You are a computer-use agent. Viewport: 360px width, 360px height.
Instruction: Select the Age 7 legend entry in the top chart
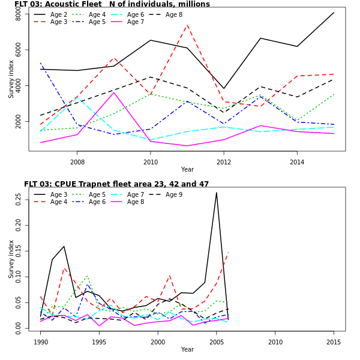(x=136, y=22)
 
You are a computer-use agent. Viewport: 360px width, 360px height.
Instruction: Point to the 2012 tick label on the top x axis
(x=223, y=162)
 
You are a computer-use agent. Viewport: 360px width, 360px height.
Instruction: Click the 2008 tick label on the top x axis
(x=77, y=162)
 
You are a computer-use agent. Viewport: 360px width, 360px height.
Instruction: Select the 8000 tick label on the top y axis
(x=19, y=13)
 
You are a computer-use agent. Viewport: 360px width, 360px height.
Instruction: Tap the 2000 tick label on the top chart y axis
(x=19, y=121)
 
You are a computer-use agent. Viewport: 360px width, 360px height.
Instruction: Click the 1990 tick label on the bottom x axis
(x=41, y=342)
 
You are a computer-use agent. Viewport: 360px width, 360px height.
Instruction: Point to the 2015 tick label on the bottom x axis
(x=334, y=342)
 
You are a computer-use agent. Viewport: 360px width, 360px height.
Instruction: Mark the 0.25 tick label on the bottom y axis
(x=19, y=199)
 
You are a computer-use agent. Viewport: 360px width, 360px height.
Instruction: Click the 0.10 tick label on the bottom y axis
(x=19, y=278)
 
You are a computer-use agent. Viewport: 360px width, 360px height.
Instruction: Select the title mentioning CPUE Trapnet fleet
(x=116, y=184)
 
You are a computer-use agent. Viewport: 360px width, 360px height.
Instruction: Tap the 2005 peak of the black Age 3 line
(x=217, y=193)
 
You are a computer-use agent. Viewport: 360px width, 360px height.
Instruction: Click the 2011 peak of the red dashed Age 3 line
(x=187, y=25)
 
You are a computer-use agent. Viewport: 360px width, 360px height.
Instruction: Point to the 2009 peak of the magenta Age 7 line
(x=114, y=92)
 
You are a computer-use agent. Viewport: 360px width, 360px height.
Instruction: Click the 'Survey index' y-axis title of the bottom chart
(x=11, y=259)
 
